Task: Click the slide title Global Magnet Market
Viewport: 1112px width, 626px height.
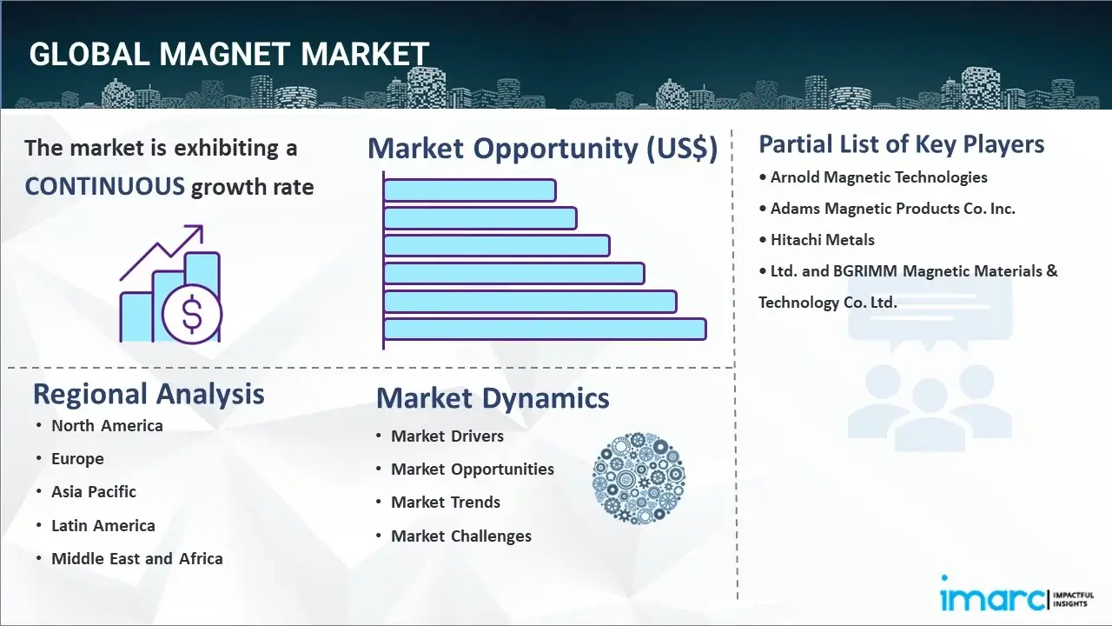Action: coord(228,54)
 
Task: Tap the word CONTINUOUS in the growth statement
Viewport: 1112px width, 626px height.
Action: coord(104,186)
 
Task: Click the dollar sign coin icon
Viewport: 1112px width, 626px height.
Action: coord(192,316)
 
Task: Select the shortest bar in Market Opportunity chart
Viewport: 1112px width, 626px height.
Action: coord(469,190)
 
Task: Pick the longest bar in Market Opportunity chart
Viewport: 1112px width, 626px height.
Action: coord(545,329)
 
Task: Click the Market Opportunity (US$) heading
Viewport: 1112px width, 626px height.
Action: coord(542,149)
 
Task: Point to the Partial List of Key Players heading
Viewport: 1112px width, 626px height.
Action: coord(901,143)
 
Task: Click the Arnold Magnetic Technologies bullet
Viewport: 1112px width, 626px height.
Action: coord(878,177)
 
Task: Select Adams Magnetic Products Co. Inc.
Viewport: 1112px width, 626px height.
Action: coord(892,209)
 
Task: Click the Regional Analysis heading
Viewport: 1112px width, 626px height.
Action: coord(149,394)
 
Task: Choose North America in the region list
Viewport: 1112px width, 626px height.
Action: coord(107,426)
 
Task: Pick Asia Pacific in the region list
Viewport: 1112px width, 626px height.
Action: coord(94,492)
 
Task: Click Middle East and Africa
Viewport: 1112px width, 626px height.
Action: coord(136,559)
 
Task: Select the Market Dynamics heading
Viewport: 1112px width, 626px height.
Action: coord(493,398)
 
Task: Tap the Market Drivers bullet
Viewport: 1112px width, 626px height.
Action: coord(447,436)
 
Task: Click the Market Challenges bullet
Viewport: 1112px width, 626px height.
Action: coord(460,536)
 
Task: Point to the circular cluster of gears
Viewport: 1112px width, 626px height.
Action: coord(639,478)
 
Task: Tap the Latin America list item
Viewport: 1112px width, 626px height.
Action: coord(103,526)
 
